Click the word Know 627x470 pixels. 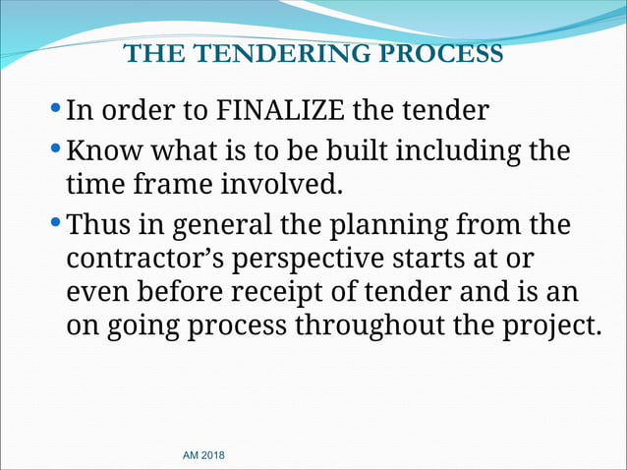[105, 153]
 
